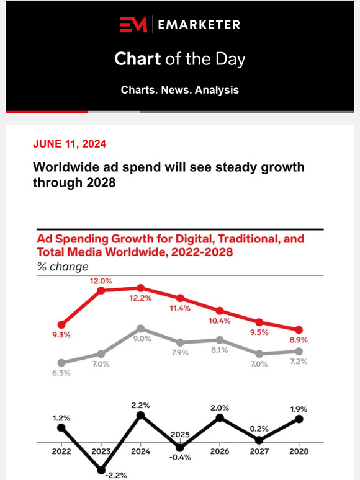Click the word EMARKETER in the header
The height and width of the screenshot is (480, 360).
199,25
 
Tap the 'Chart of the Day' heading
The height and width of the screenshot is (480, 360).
179,60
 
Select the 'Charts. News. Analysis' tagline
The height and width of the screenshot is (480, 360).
179,90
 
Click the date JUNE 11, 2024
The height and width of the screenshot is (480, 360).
70,144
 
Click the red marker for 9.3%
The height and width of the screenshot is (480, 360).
61,324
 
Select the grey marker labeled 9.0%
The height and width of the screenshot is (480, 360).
141,329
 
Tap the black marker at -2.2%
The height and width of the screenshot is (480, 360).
101,471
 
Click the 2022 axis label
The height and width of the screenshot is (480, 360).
61,452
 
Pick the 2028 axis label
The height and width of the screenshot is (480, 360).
299,452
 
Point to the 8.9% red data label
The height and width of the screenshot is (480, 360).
299,340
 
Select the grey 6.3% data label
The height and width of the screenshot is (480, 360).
61,373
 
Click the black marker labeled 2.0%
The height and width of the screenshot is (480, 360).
220,418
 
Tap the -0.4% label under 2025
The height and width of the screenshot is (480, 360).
180,457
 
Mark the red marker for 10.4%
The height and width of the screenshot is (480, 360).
220,311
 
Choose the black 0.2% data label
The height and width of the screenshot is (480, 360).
259,427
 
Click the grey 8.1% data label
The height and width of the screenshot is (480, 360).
220,350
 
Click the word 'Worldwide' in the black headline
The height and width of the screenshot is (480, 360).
65,168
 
